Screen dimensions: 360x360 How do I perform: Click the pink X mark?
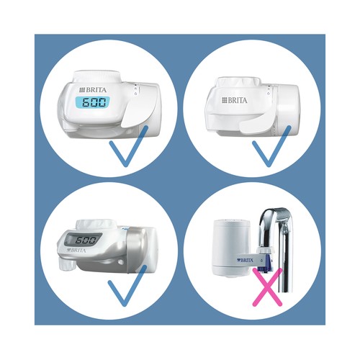tap(267, 287)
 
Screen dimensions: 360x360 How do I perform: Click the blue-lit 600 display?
tap(93, 102)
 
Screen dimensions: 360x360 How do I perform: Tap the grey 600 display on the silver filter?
tap(84, 240)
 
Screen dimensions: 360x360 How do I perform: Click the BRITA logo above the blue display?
tap(93, 90)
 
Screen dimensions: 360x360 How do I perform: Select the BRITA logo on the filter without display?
tap(235, 100)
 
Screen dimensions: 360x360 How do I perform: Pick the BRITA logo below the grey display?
tap(76, 251)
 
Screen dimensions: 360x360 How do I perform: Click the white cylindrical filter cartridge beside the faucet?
tap(230, 248)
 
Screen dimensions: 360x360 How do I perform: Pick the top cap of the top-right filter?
tap(238, 83)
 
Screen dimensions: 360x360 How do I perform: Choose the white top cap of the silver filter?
tap(95, 225)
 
